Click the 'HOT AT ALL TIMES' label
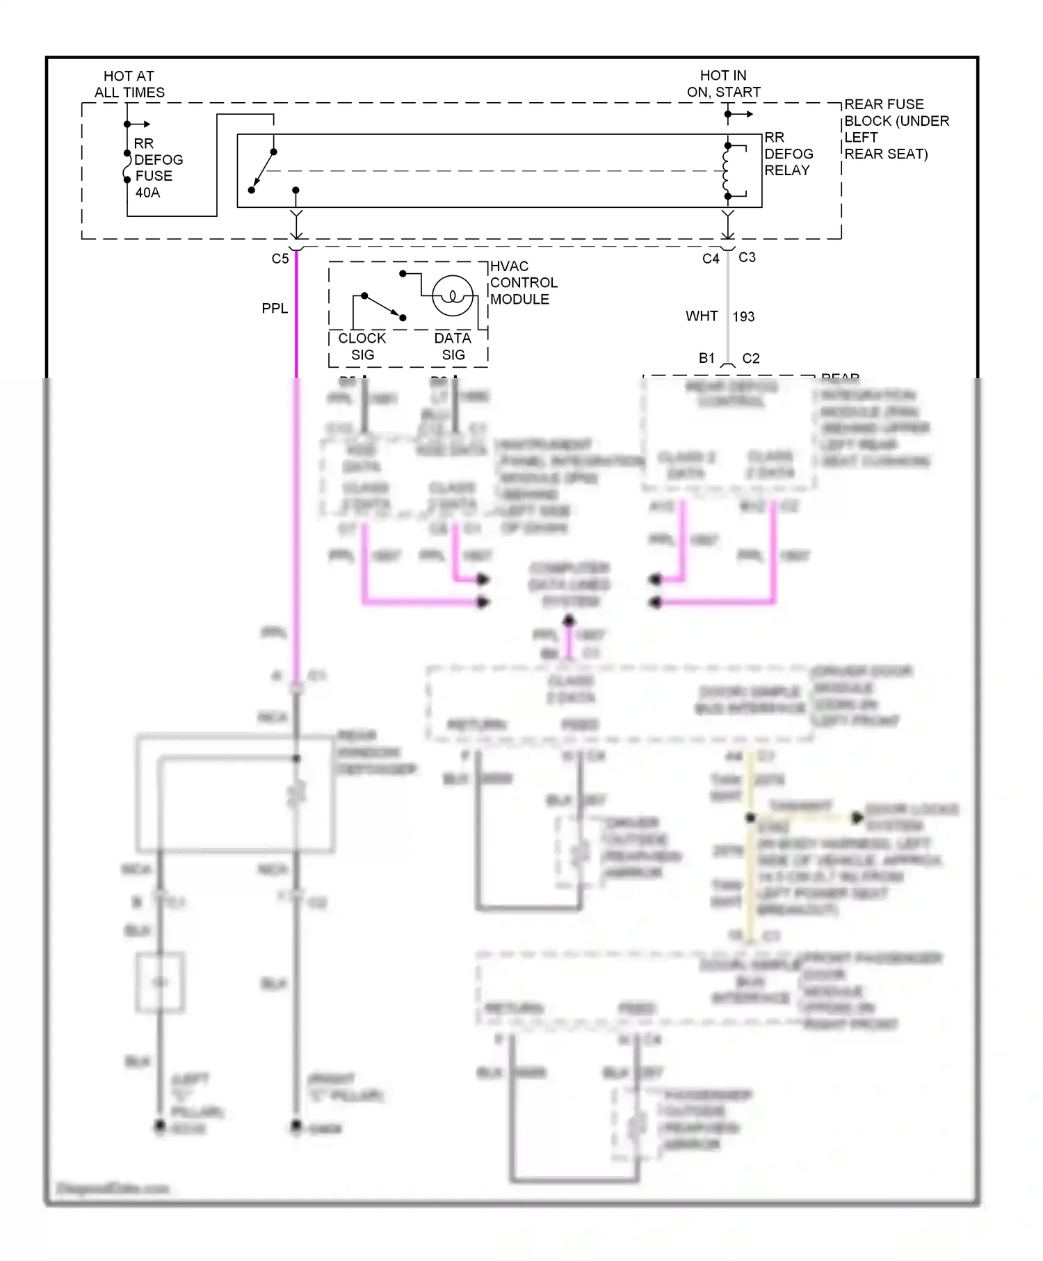[x=129, y=84]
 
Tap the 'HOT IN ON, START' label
[x=723, y=83]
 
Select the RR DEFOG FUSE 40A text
[x=157, y=168]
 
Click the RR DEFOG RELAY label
[x=788, y=154]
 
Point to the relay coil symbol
[x=727, y=171]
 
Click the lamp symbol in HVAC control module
[x=453, y=296]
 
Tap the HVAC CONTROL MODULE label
[x=523, y=283]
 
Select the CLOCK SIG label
[x=362, y=346]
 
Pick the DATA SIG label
[x=453, y=346]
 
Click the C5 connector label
[x=280, y=259]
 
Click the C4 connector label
[x=710, y=259]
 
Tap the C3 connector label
[x=747, y=257]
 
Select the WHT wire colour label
[x=701, y=316]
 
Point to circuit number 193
[x=743, y=317]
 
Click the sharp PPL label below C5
[x=275, y=309]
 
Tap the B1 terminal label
[x=706, y=358]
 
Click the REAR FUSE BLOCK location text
[x=896, y=129]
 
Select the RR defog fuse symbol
[x=127, y=168]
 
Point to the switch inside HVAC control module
[x=382, y=307]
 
